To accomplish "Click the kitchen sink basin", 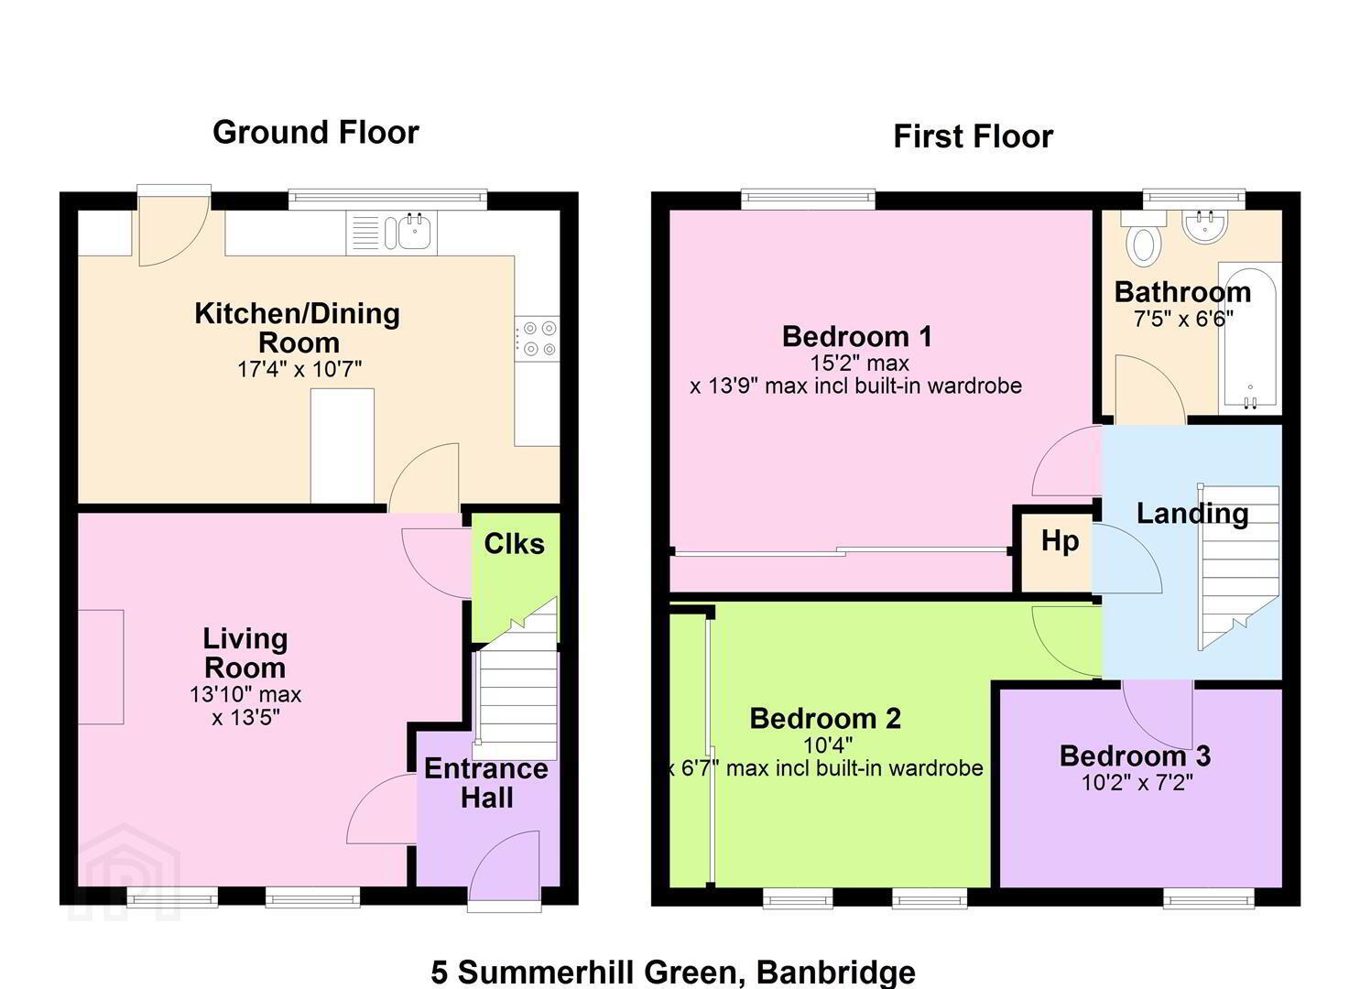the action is pos(415,232).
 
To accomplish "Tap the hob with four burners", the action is pos(538,339).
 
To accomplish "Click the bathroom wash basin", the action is pos(1205,227).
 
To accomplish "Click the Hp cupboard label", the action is pos(1061,540).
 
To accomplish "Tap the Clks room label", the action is pos(515,543).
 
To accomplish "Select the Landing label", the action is pos(1192,514).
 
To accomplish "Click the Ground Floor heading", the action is pos(316,133).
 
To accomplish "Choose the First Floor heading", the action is pos(974,136).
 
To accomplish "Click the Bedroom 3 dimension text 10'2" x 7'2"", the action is pos(1137,783).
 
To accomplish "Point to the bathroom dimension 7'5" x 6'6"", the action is pos(1183,319).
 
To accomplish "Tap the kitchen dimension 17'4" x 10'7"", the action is pos(299,368).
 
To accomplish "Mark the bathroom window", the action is pos(1193,200).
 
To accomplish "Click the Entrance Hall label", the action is pos(486,783).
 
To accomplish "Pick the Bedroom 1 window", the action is pos(808,200).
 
